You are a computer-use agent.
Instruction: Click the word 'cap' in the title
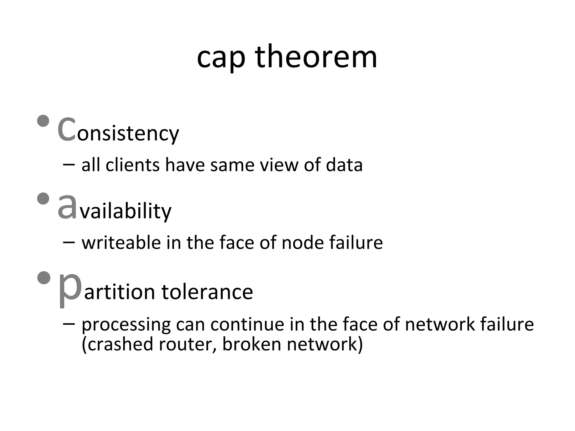[221, 59]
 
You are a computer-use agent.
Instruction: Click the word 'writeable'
[121, 242]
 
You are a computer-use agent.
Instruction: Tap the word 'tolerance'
[207, 292]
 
